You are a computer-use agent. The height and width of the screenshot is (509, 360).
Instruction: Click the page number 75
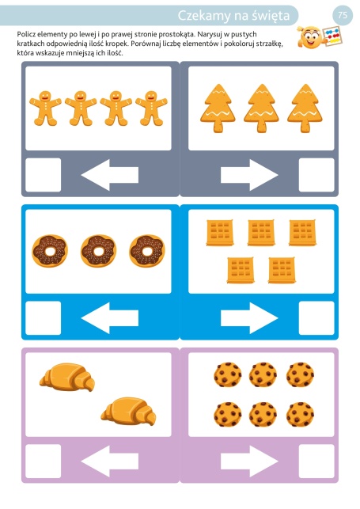[x=343, y=15]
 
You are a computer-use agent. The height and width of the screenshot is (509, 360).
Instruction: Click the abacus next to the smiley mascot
[x=332, y=36]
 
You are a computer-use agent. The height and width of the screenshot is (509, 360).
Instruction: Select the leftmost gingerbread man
[x=45, y=108]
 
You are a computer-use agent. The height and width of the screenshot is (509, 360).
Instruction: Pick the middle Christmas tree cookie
[x=261, y=108]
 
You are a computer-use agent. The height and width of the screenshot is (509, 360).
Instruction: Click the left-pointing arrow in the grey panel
[x=110, y=175]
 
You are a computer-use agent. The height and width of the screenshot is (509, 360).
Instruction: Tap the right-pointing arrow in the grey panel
[x=249, y=175]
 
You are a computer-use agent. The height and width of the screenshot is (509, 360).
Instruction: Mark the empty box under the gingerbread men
[x=44, y=175]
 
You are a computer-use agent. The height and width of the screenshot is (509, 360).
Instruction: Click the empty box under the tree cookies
[x=316, y=175]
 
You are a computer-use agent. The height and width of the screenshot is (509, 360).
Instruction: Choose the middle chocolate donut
[x=98, y=251]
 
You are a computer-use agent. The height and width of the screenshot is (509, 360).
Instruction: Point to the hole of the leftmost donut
[x=50, y=251]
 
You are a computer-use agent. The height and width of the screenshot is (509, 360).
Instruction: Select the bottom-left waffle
[x=241, y=271]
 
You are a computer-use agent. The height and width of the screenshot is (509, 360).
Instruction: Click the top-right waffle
[x=302, y=233]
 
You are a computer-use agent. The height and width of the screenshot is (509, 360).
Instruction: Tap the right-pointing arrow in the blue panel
[x=249, y=318]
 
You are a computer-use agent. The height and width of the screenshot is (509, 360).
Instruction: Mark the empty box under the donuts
[x=44, y=318]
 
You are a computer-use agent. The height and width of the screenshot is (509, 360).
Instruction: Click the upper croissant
[x=67, y=377]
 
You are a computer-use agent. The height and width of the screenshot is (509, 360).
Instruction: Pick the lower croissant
[x=128, y=411]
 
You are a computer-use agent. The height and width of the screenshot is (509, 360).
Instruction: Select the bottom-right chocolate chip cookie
[x=300, y=414]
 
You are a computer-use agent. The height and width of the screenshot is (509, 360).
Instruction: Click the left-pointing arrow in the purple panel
[x=110, y=462]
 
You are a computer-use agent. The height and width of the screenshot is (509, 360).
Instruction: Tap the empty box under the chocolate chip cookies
[x=316, y=462]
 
